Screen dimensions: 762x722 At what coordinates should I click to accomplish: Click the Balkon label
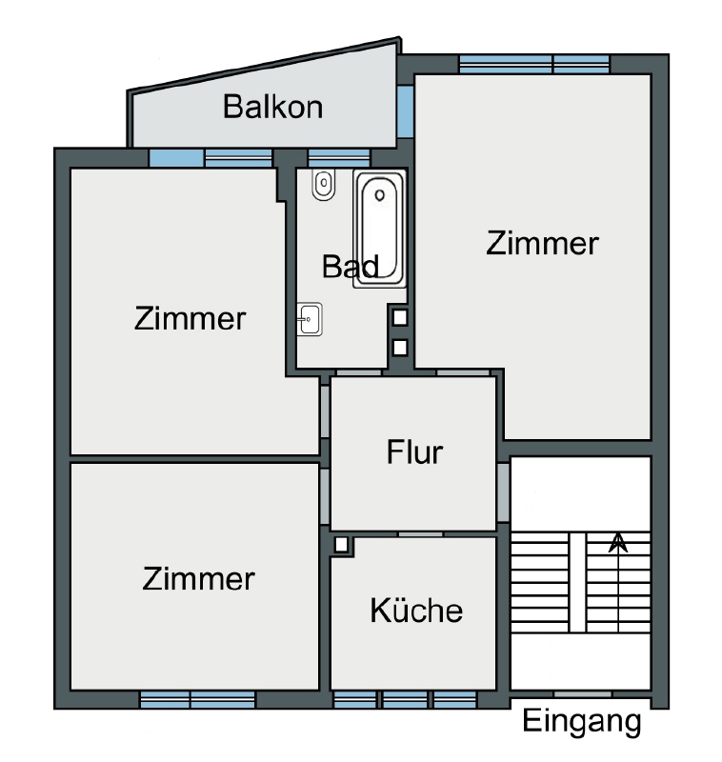tap(272, 107)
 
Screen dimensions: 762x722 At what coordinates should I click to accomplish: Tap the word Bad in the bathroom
tap(350, 267)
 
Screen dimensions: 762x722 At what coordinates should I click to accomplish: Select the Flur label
tap(414, 451)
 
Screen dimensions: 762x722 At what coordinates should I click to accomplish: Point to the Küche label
tap(416, 610)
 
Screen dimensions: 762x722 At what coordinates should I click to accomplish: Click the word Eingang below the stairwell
tap(582, 722)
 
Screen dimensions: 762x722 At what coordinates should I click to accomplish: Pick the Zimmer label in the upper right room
tap(542, 244)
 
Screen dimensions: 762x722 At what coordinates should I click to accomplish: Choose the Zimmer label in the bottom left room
tap(198, 578)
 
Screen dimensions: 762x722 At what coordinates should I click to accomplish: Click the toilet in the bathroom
tap(324, 185)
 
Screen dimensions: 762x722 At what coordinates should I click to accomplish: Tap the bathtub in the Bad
tap(380, 228)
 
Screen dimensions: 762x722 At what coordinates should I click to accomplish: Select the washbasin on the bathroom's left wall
tap(311, 319)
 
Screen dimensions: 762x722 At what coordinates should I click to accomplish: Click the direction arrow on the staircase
tap(618, 543)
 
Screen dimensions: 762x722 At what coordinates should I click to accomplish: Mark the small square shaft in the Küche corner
tap(341, 546)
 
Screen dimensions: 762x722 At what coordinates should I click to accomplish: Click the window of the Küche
tap(405, 700)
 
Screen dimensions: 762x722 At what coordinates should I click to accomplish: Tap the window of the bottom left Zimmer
tap(197, 700)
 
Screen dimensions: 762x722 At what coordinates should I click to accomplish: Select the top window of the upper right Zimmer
tap(533, 64)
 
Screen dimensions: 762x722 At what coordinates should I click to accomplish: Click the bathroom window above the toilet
tap(338, 157)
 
